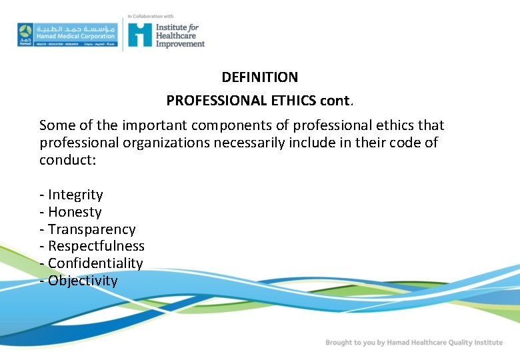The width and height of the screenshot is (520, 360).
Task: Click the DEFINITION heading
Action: click(260, 77)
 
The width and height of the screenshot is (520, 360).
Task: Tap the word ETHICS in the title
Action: click(294, 101)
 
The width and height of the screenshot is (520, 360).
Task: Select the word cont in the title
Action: click(335, 101)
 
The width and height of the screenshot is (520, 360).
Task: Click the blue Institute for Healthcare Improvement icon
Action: click(140, 35)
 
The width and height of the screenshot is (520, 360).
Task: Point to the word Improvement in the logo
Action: click(180, 44)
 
